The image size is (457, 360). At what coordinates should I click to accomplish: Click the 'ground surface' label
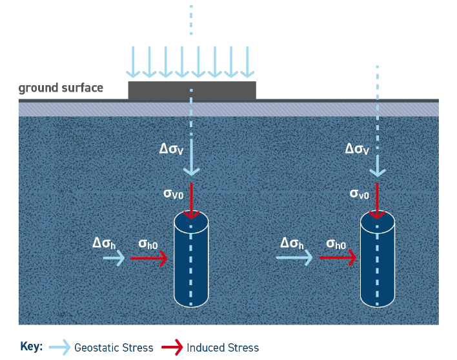pyautogui.click(x=61, y=88)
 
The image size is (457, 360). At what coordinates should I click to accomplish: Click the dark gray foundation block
pyautogui.click(x=192, y=90)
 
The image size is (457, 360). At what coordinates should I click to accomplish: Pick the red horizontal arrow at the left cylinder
pyautogui.click(x=149, y=259)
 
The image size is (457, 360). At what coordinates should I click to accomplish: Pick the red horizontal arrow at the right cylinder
pyautogui.click(x=338, y=258)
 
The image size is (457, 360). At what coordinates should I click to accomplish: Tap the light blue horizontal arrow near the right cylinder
pyautogui.click(x=294, y=258)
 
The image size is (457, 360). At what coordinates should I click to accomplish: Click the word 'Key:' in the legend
pyautogui.click(x=32, y=346)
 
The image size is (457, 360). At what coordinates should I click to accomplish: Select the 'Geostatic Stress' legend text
pyautogui.click(x=114, y=348)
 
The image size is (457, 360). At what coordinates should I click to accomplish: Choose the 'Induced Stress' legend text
pyautogui.click(x=223, y=348)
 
